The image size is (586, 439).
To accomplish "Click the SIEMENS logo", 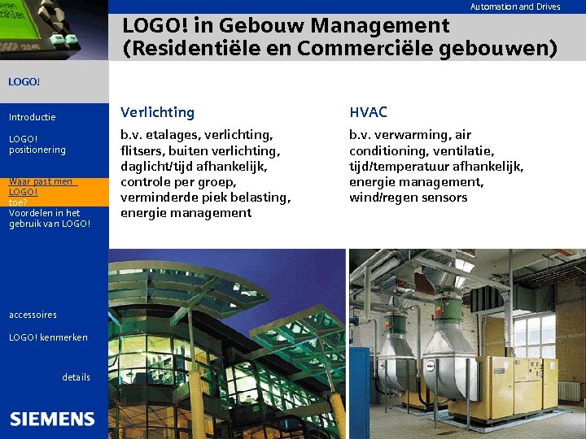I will [52, 419].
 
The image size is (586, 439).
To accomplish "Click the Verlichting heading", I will [157, 112].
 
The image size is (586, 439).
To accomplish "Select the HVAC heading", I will [368, 112].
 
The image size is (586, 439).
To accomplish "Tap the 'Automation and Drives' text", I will [515, 7].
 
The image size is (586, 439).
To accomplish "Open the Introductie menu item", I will [33, 117].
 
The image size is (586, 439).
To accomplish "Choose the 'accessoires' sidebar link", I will [33, 315].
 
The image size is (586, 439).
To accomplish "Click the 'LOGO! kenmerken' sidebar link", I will [48, 337].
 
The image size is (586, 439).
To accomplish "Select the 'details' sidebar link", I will [76, 377].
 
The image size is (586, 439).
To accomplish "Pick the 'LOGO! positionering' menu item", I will [37, 144].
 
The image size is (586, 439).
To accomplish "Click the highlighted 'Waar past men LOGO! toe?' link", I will [41, 192].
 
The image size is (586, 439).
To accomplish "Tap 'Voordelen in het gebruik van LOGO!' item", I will [49, 218].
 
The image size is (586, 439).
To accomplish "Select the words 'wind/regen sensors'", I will [408, 198].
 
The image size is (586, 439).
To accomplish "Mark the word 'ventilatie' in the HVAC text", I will [463, 150].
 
